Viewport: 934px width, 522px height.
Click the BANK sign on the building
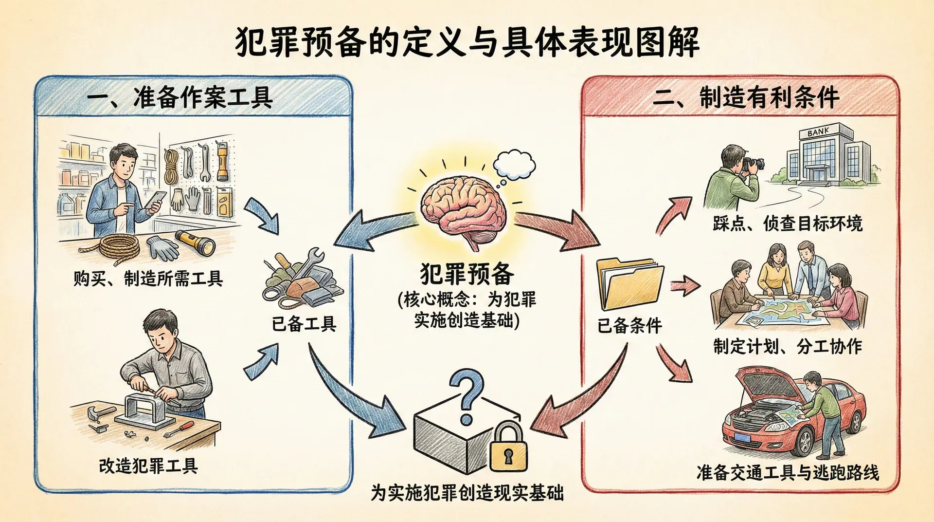818,131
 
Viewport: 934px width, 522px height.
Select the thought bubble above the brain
515,165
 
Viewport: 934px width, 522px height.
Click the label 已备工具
304,324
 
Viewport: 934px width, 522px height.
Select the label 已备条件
629,325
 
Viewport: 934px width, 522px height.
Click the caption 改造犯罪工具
148,466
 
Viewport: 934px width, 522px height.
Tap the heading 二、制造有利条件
745,97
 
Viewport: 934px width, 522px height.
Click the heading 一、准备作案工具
180,98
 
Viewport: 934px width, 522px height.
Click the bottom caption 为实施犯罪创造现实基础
467,493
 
